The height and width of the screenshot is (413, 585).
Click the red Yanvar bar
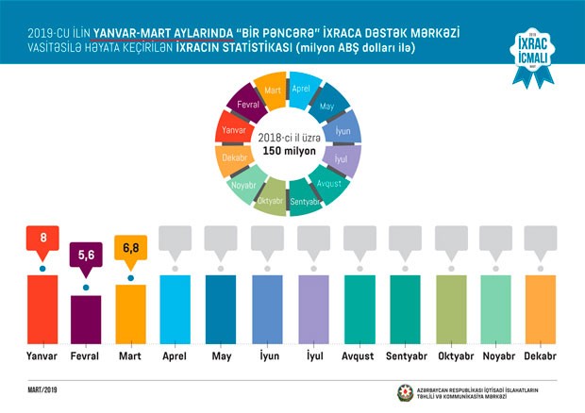42,312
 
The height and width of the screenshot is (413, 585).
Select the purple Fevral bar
87,322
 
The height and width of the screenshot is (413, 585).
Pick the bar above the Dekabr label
539,312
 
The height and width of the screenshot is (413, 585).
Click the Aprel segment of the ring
301,89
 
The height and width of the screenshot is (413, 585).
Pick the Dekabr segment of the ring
233,157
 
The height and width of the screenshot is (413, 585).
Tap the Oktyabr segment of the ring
269,200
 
